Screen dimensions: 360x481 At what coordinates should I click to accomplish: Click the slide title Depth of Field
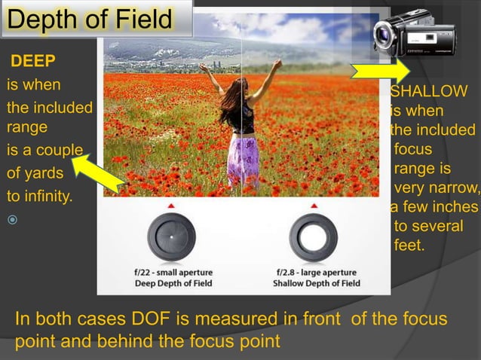[x=90, y=20]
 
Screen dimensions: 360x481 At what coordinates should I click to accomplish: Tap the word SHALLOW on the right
[x=429, y=91]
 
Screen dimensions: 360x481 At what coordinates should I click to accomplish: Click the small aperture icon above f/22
[x=170, y=235]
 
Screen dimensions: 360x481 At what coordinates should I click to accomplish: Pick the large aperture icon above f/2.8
[x=313, y=235]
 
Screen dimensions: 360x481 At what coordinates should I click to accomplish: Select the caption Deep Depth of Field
[x=173, y=284]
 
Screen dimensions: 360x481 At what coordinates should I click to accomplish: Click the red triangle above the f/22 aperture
[x=171, y=205]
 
